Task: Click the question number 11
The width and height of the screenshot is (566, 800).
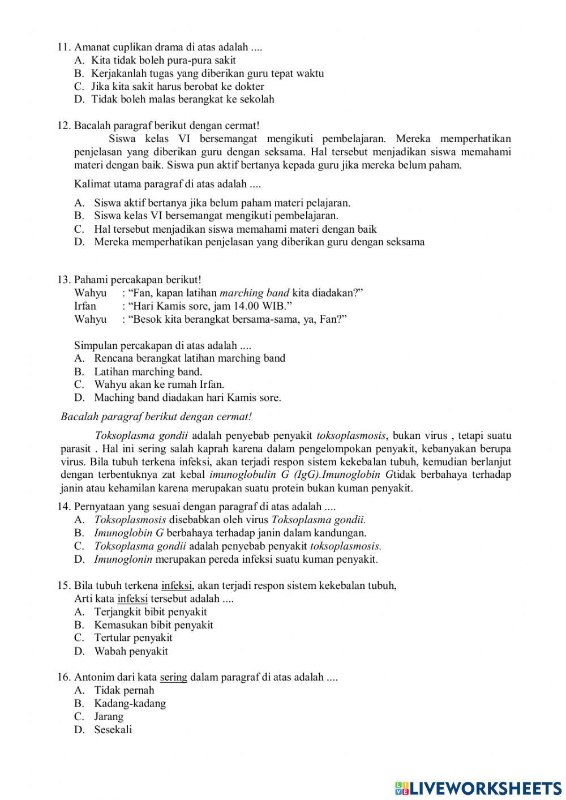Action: pos(65,47)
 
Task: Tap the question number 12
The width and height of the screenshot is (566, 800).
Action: pos(65,126)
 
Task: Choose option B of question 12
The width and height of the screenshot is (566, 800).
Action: pos(216,216)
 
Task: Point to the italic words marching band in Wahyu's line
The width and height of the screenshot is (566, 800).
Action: pos(254,293)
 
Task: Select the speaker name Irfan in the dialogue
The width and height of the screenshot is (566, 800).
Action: pos(85,306)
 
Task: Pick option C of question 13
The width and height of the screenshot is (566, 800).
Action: pos(159,384)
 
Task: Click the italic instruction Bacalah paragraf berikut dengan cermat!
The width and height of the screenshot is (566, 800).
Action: pos(156,417)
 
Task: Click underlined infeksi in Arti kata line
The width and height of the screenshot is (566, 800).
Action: pos(132,598)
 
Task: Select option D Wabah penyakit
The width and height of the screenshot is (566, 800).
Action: pos(131,651)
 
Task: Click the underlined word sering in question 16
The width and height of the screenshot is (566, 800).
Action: pos(174,677)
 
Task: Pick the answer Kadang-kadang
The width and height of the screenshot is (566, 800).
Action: pos(130,704)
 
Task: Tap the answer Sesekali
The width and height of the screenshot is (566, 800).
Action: pos(113,730)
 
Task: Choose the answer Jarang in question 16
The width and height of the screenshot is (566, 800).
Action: pos(109,717)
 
